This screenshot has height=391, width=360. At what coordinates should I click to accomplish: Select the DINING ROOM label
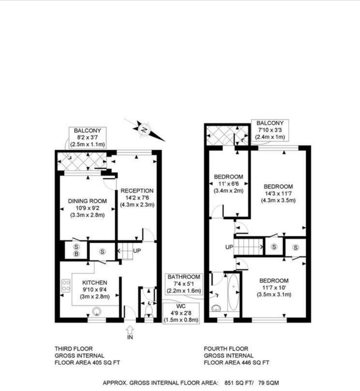pyautogui.click(x=88, y=201)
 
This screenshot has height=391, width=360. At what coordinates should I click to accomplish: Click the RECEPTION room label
pyautogui.click(x=137, y=191)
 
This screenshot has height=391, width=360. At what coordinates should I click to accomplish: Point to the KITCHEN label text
pyautogui.click(x=95, y=283)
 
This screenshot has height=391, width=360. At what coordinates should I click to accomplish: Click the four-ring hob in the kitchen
pyautogui.click(x=65, y=286)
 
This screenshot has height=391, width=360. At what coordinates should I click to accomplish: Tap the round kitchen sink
pyautogui.click(x=97, y=311)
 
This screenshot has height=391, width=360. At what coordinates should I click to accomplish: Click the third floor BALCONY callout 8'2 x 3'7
pyautogui.click(x=87, y=137)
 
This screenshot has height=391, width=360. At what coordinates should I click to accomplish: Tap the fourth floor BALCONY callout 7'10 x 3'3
pyautogui.click(x=270, y=130)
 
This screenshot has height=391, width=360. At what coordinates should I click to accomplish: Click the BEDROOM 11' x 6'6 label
pyautogui.click(x=229, y=184)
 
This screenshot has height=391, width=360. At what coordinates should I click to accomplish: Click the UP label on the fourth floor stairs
pyautogui.click(x=229, y=247)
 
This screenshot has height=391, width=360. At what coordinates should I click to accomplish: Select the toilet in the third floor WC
pyautogui.click(x=149, y=310)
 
